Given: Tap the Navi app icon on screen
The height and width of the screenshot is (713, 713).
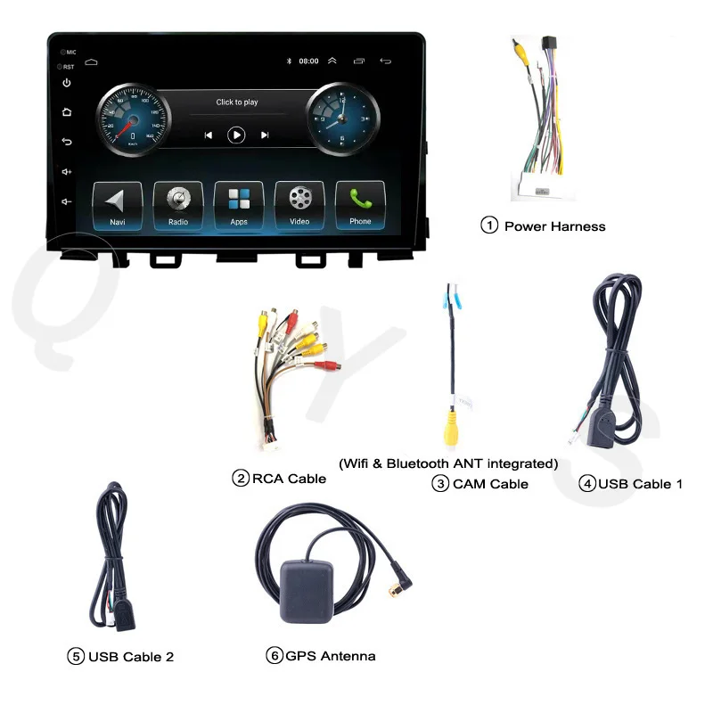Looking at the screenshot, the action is [118, 204].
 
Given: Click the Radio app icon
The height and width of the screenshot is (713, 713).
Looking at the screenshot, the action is [178, 204].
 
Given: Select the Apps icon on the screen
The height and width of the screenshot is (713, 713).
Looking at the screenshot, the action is [239, 204].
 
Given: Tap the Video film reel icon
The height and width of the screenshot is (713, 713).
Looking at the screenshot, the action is [299, 204].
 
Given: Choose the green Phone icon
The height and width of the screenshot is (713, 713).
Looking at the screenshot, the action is [360, 204].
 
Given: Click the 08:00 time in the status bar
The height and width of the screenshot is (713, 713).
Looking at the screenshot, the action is [308, 61].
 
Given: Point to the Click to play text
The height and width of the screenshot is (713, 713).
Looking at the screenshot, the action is [237, 102].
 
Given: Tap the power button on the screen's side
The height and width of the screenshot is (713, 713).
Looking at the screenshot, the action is [67, 84].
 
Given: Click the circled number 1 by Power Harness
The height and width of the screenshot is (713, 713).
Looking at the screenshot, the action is [489, 225].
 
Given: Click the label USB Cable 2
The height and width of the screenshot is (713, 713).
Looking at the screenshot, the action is [130, 657].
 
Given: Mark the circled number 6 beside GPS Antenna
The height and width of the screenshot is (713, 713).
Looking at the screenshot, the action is [274, 656].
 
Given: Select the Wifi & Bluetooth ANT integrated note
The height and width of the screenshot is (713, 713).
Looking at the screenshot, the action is [448, 463].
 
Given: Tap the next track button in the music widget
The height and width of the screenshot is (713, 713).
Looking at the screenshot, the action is [265, 135].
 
